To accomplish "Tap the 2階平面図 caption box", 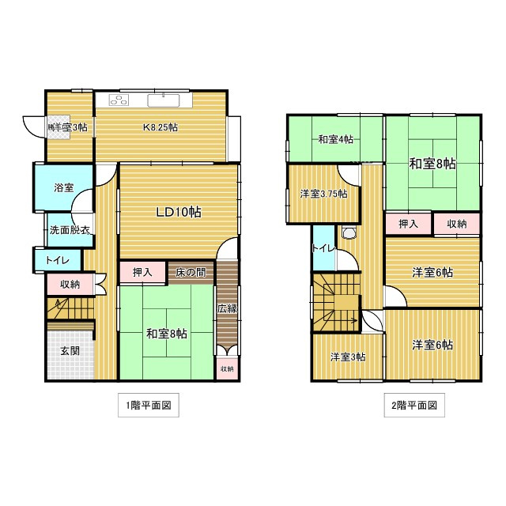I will click(x=413, y=406).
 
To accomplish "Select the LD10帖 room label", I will click(x=177, y=211).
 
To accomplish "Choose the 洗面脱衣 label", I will click(x=69, y=230).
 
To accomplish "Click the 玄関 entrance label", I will click(x=68, y=350).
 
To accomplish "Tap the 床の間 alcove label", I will click(x=190, y=271).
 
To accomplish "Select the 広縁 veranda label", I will click(x=227, y=308).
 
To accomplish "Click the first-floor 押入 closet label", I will click(x=142, y=271).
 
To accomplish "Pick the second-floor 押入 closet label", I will click(x=408, y=225).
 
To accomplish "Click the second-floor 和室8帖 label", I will click(x=432, y=164).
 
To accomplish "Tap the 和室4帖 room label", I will click(x=335, y=140).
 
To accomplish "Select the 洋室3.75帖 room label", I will click(x=323, y=194).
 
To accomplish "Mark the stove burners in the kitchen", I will click(x=119, y=100).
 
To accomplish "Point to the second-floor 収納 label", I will click(x=457, y=225).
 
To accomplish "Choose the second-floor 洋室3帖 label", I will click(x=347, y=357).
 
